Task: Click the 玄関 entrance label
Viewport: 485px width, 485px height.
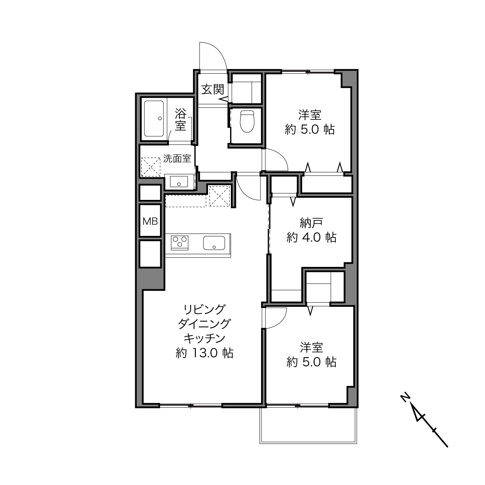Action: pyautogui.click(x=212, y=89)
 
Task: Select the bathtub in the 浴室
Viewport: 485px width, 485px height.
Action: pyautogui.click(x=153, y=119)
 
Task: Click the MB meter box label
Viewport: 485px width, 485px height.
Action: pyautogui.click(x=150, y=221)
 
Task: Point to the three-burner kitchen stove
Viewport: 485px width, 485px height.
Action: pyautogui.click(x=179, y=242)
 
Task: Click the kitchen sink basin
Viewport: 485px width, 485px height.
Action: pyautogui.click(x=214, y=243)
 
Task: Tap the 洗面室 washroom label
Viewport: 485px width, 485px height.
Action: pyautogui.click(x=177, y=158)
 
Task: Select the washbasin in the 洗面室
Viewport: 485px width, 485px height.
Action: pyautogui.click(x=179, y=181)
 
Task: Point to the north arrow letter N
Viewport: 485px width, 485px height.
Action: pyautogui.click(x=404, y=404)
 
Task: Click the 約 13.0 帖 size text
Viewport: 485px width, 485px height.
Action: pyautogui.click(x=205, y=353)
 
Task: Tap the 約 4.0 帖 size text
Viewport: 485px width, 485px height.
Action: pyautogui.click(x=311, y=237)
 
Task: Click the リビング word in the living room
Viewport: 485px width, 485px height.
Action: pyautogui.click(x=204, y=309)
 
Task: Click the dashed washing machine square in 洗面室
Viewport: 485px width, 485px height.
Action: pyautogui.click(x=151, y=167)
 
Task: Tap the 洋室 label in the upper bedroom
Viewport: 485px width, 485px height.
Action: pyautogui.click(x=310, y=115)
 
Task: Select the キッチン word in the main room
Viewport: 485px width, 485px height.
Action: pyautogui.click(x=205, y=339)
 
